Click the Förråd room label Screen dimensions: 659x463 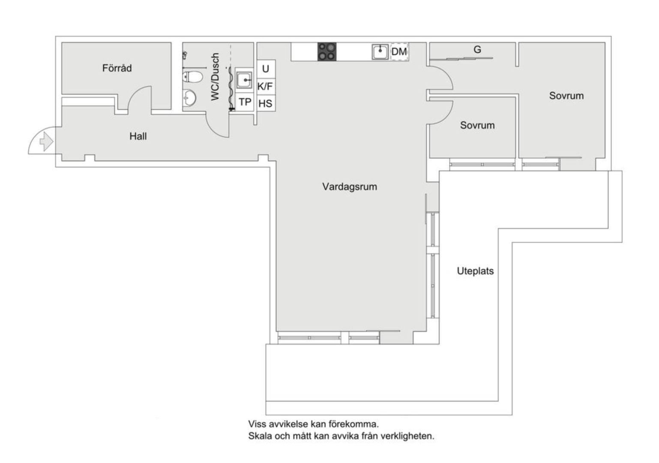tap(117, 68)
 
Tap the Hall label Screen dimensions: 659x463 tap(138, 136)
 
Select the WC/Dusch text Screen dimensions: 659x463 tap(215, 77)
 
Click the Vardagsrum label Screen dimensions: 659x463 tap(350, 186)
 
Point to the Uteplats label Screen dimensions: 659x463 tap(475, 271)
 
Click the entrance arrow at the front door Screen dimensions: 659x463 tap(46, 141)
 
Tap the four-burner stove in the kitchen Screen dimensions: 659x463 tap(327, 52)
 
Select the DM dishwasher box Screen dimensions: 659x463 tap(399, 52)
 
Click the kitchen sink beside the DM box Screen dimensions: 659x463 tap(380, 52)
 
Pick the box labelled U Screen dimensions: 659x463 tap(266, 69)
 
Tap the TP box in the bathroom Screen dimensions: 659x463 tap(245, 102)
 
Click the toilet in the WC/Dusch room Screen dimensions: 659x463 tap(192, 77)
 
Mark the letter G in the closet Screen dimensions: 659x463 tap(477, 50)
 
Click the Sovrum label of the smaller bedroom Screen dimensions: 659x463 tap(477, 125)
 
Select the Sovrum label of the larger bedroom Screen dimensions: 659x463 tap(566, 96)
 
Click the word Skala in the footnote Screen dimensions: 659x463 tap(260, 436)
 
